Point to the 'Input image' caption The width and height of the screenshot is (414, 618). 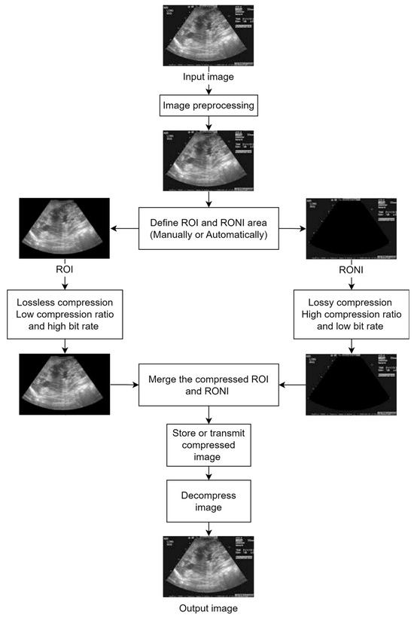click(x=209, y=77)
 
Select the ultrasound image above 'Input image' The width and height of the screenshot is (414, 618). click(x=209, y=35)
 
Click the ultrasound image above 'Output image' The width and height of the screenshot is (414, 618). click(x=209, y=565)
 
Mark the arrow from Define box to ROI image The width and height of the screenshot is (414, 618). click(x=125, y=227)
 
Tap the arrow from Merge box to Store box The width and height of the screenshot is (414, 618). click(x=209, y=416)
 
